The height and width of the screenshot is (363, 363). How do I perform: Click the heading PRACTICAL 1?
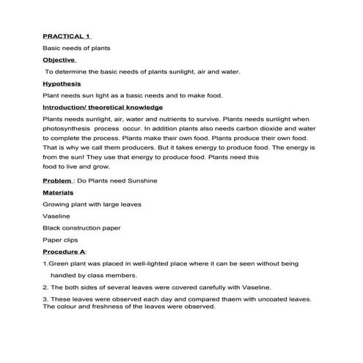coord(66,35)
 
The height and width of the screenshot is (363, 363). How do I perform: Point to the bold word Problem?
coord(57,180)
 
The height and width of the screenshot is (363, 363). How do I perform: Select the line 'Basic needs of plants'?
coord(76,48)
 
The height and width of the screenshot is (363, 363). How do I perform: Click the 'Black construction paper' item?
coord(81,228)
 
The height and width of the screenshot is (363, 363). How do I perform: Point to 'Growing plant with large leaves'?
coord(92,204)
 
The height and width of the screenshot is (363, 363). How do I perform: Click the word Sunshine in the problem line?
coord(140,180)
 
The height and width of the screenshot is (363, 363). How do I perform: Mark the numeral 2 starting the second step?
coord(45,287)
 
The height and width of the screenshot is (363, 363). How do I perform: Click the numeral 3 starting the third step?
coord(45,299)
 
